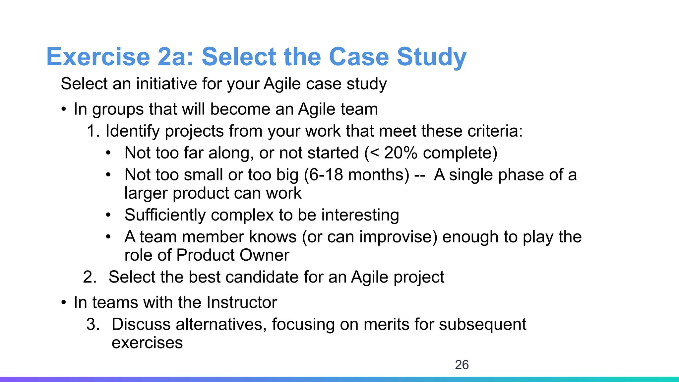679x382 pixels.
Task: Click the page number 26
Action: [x=462, y=365]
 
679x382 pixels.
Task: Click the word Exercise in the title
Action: [x=98, y=57]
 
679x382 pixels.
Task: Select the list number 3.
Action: [x=93, y=324]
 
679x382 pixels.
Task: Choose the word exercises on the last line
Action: [x=147, y=343]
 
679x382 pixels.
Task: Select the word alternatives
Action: [x=221, y=324]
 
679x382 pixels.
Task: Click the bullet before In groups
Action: [x=64, y=109]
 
